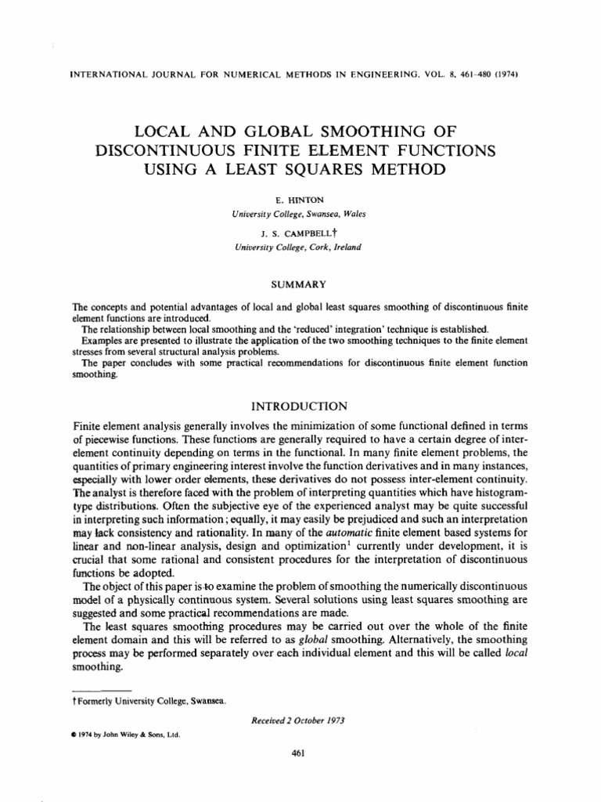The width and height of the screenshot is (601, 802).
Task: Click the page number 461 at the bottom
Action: pyautogui.click(x=297, y=753)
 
